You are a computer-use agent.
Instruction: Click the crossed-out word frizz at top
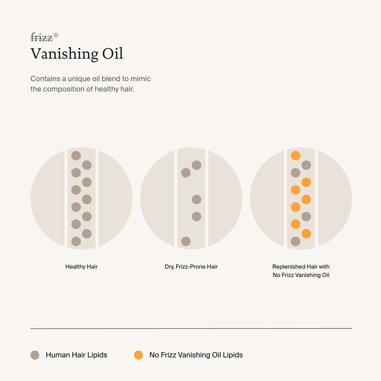(x=41, y=37)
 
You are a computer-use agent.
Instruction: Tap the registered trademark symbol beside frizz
(x=56, y=35)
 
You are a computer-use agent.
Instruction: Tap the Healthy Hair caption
(x=81, y=266)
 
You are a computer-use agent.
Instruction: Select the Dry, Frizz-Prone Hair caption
(x=191, y=266)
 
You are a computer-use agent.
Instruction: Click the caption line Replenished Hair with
(x=301, y=266)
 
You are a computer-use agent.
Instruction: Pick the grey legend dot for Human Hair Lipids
(x=35, y=355)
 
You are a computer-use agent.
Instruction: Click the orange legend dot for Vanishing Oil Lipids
(x=138, y=355)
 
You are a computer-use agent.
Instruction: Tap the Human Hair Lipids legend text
(x=76, y=355)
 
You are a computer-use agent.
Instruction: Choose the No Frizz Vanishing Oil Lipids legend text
(x=196, y=355)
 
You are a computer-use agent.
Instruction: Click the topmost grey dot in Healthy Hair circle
(x=76, y=155)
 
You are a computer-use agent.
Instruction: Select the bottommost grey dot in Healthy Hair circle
(x=76, y=241)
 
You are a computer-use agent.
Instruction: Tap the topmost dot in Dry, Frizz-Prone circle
(x=196, y=165)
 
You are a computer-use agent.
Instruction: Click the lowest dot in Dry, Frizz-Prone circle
(x=186, y=241)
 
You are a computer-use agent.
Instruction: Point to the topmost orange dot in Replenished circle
(x=295, y=155)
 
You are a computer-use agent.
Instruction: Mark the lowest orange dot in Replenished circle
(x=306, y=234)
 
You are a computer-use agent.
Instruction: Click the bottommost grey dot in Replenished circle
(x=295, y=241)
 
